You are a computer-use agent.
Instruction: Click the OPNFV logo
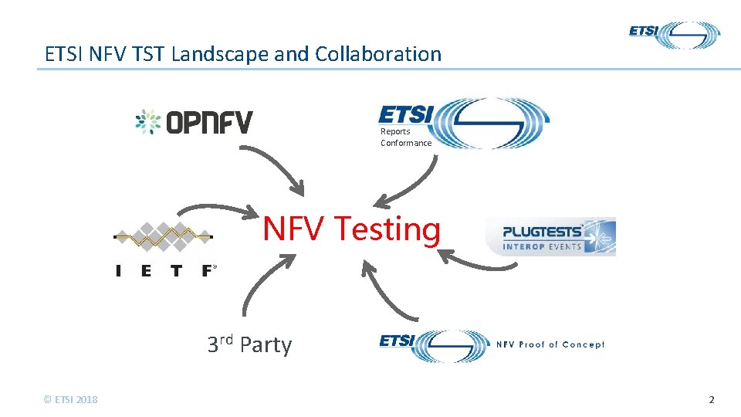[194, 122]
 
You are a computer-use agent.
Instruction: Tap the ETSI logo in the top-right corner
[674, 35]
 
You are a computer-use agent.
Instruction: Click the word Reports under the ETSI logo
[395, 131]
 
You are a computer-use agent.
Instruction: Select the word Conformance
[406, 143]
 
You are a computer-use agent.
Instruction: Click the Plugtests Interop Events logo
[550, 236]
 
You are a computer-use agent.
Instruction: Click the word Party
[266, 344]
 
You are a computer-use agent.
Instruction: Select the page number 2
[712, 399]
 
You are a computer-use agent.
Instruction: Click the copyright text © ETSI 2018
[71, 399]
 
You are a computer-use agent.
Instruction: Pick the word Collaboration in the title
[377, 54]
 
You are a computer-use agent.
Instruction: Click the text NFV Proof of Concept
[550, 344]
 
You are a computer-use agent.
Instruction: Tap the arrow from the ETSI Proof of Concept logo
[386, 290]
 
